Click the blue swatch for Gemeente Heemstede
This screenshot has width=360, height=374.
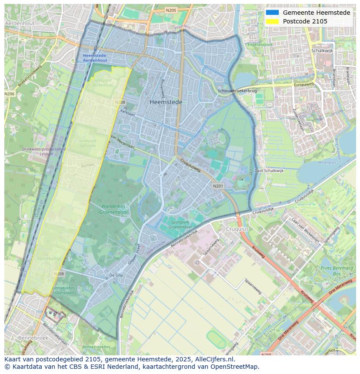click(273, 13)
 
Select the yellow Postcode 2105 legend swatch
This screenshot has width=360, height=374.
click(273, 21)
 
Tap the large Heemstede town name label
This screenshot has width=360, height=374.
click(166, 102)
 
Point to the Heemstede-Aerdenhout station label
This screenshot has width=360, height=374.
click(95, 58)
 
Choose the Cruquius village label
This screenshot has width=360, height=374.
click(237, 229)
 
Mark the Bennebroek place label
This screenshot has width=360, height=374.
click(30, 338)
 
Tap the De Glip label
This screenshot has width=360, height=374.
click(116, 275)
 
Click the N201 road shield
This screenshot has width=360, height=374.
click(218, 186)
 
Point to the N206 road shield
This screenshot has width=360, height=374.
click(9, 94)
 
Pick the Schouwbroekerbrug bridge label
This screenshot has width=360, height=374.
click(237, 91)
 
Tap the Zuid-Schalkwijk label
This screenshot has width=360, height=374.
click(269, 171)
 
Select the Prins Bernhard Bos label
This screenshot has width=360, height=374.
click(337, 271)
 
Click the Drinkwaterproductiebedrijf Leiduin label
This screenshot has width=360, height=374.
click(43, 151)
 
